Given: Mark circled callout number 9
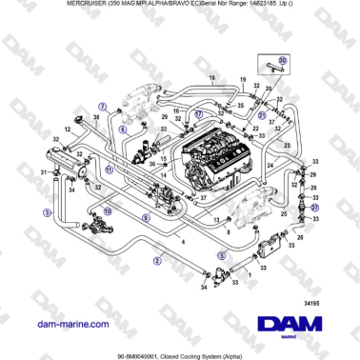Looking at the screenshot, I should [145, 219].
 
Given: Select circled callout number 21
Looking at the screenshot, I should [315, 206].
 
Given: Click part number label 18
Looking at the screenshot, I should [211, 76].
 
